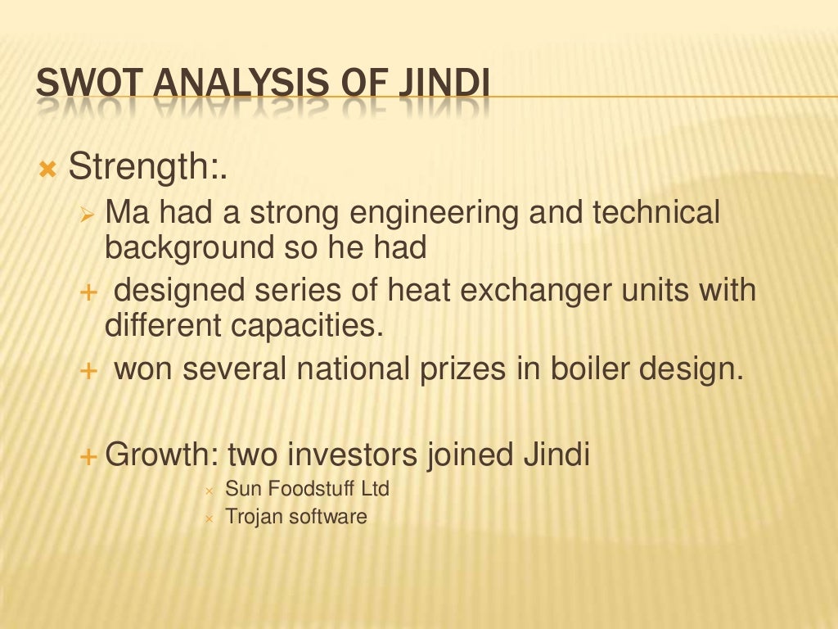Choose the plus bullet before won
(x=88, y=371)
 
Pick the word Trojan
(x=253, y=517)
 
